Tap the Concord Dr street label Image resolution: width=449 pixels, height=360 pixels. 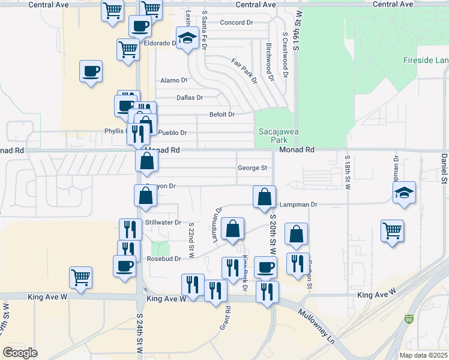click(237, 23)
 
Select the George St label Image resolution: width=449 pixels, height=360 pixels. click(252, 169)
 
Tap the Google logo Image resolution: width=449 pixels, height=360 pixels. click(20, 353)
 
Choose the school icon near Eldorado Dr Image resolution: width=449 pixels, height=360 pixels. click(188, 38)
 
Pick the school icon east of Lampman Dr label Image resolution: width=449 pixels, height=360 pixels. click(405, 193)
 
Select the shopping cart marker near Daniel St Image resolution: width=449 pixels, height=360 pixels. click(392, 230)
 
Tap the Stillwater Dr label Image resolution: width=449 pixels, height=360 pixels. click(163, 222)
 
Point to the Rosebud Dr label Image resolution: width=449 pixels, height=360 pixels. click(163, 259)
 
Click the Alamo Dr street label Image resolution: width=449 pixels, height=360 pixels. click(174, 80)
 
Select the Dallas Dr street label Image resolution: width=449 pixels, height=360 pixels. click(190, 97)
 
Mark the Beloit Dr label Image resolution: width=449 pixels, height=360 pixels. click(221, 114)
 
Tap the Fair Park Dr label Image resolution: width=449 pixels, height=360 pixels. click(244, 70)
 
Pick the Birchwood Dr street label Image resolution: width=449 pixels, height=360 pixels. click(270, 62)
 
